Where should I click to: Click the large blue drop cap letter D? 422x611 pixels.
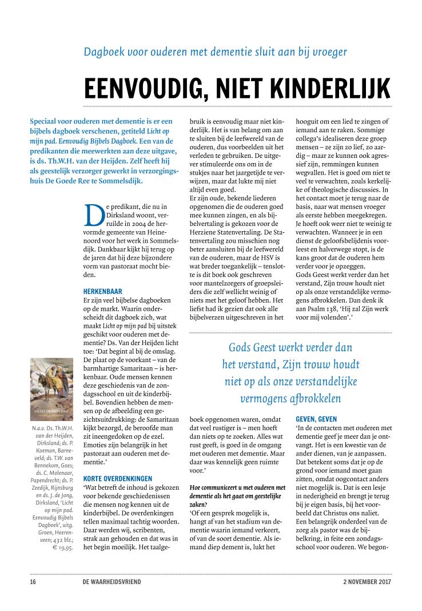click(x=93, y=215)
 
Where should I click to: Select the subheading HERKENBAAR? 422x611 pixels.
click(x=103, y=291)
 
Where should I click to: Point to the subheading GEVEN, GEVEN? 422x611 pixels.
click(x=318, y=419)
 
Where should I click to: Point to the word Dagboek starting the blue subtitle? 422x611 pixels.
click(x=102, y=51)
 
